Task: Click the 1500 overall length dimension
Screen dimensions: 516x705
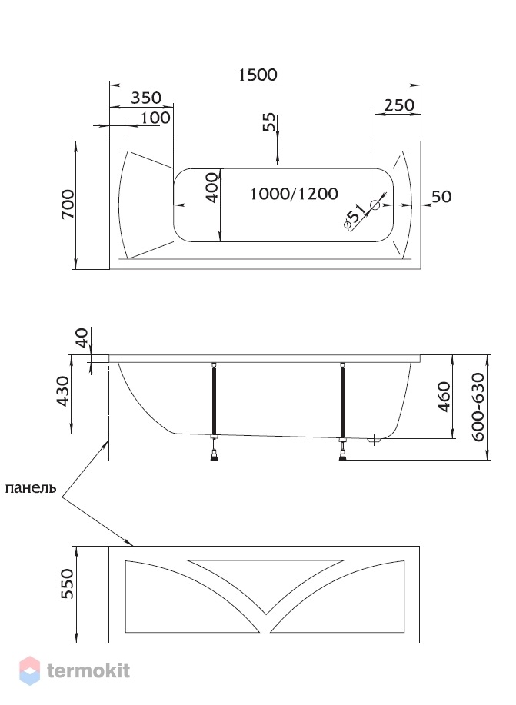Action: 258,75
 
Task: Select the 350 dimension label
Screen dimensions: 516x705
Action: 146,98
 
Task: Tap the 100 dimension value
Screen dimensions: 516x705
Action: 155,118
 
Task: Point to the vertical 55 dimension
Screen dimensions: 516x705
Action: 268,121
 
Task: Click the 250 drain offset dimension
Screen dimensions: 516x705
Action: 399,105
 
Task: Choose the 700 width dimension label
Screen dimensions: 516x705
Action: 68,205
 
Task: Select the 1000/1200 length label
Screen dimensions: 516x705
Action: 294,194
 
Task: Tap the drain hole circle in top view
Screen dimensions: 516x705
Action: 375,205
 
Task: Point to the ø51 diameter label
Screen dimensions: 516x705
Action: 354,218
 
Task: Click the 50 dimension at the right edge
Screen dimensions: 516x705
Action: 441,197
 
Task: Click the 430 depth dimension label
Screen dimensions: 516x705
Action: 62,391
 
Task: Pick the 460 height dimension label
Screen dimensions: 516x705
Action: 444,397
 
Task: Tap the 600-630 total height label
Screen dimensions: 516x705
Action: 478,407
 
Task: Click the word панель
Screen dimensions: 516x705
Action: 31,488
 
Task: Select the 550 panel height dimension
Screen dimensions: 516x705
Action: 67,584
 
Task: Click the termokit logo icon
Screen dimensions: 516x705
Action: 30,671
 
